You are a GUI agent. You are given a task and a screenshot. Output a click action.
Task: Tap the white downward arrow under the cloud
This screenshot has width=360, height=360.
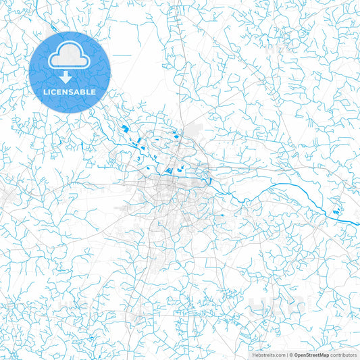pos(65,76)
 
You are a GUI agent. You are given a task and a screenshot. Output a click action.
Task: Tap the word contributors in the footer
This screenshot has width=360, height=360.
pos(343,354)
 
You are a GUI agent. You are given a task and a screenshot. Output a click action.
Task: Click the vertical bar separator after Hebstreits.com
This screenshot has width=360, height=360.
pos(285,354)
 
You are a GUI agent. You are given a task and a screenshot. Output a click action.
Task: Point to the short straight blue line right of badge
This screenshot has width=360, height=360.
pos(122,55)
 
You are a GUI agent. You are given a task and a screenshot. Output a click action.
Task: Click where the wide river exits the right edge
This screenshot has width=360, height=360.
pos(357,223)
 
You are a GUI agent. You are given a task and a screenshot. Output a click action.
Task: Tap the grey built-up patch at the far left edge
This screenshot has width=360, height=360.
pos(5,196)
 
